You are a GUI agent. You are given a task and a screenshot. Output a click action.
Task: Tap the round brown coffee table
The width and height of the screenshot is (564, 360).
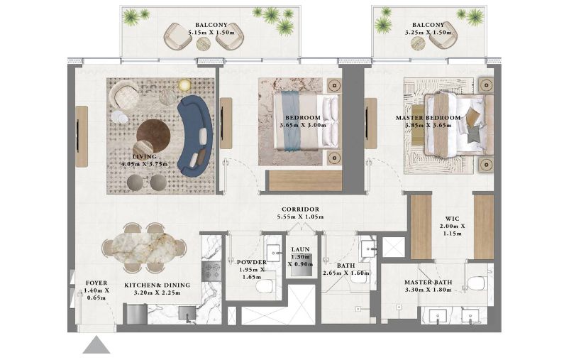(x=153, y=136)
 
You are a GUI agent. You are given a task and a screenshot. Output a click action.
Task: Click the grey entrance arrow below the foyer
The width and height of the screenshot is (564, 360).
(x=96, y=345)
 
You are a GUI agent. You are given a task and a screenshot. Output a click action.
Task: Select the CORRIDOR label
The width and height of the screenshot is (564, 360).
(x=300, y=209)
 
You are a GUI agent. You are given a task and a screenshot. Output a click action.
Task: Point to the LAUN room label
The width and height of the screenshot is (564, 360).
(x=300, y=249)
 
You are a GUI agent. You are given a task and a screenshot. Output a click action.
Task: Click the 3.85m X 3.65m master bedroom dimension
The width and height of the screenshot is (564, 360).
(x=428, y=125)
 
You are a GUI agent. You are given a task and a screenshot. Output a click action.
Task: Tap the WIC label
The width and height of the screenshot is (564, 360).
(x=452, y=219)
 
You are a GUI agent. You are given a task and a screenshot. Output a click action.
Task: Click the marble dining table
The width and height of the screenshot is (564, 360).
(x=144, y=248)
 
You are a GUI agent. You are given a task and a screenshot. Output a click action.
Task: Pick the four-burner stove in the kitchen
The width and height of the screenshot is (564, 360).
(x=211, y=271)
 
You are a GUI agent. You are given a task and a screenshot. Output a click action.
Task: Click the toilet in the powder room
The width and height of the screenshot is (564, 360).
(x=265, y=287)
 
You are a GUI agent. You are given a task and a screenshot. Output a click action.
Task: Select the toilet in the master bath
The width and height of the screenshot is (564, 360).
(x=477, y=283)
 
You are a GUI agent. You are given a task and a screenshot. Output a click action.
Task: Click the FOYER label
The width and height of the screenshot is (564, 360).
(x=96, y=283)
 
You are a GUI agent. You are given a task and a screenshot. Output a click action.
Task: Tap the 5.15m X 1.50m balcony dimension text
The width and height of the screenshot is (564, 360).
(x=211, y=33)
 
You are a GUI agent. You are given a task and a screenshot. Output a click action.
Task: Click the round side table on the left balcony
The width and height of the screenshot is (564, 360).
(x=204, y=44)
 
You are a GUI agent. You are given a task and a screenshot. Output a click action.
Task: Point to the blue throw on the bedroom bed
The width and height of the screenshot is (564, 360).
(x=291, y=121)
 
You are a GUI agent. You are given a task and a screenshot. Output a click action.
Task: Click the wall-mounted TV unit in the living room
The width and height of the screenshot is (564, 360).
(x=82, y=136)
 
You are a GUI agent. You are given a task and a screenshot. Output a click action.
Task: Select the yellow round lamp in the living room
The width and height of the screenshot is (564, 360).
(x=185, y=85)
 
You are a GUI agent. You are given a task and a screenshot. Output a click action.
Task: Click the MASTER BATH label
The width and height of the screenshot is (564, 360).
(x=428, y=282)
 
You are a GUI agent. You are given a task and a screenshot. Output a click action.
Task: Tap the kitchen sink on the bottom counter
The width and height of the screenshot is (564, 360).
(x=187, y=313)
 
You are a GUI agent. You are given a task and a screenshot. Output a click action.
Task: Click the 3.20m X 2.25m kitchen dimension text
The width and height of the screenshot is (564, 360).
(x=157, y=293)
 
